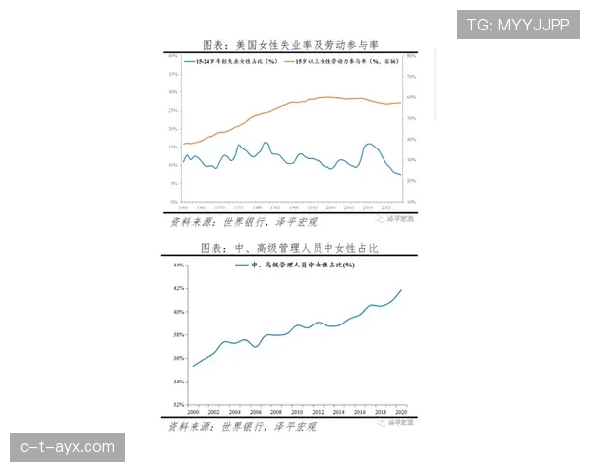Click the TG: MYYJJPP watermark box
518,24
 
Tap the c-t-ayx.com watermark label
67,448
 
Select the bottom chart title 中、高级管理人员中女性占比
290,249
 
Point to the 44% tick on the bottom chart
179,265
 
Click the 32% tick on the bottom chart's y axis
179,404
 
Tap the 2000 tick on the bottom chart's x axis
193,411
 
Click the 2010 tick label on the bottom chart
297,411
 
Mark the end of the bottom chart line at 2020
402,289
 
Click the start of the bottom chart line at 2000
193,366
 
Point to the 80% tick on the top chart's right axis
413,56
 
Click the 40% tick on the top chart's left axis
172,56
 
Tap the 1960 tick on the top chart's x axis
183,207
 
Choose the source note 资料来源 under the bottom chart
241,427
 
